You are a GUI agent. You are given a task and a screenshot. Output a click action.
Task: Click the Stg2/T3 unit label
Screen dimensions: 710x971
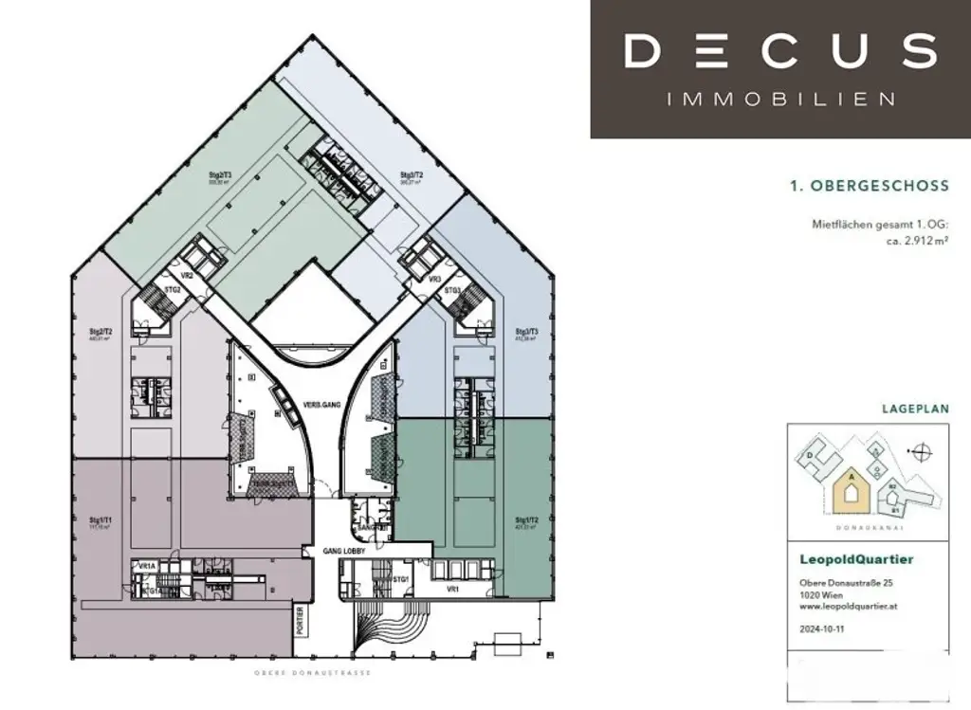point(221,175)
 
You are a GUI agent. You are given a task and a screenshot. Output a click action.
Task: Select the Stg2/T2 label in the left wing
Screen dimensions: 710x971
point(101,333)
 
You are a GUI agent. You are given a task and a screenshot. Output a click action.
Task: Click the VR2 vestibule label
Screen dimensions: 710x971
point(188,275)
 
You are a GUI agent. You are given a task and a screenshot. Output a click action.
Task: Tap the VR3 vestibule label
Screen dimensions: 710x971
point(434,280)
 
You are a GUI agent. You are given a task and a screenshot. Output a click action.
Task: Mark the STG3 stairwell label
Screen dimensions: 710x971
point(453,291)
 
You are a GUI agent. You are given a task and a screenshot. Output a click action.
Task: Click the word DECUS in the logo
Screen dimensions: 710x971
point(780,50)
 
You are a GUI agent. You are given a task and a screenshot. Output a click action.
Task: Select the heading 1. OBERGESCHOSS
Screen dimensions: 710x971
point(869,187)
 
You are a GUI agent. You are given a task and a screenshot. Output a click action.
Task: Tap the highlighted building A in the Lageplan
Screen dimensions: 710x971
point(852,490)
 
